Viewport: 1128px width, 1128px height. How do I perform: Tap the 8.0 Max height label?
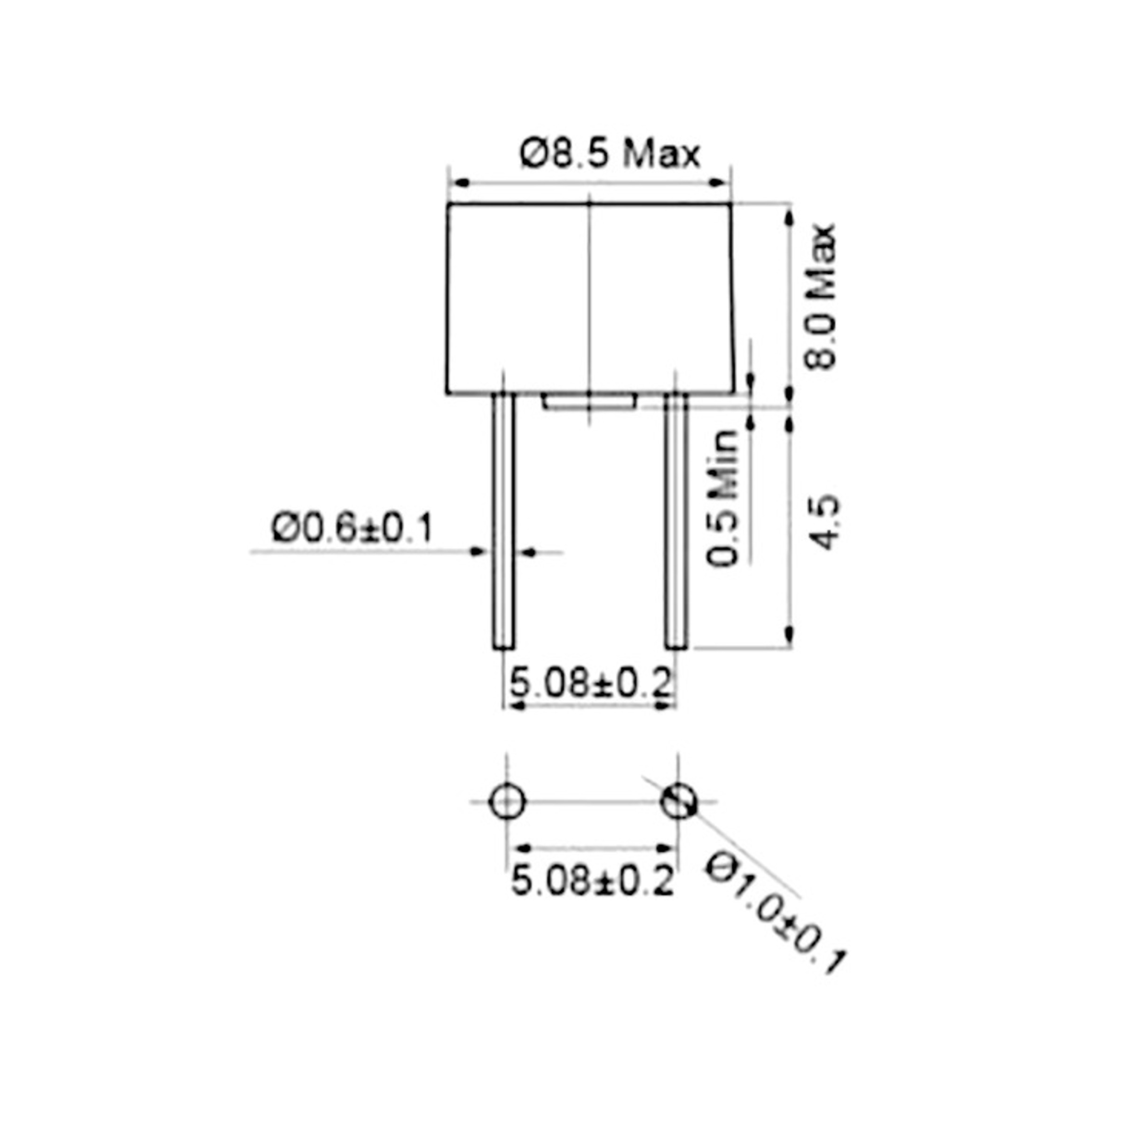[820, 297]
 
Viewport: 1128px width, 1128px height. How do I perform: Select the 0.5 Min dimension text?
[723, 499]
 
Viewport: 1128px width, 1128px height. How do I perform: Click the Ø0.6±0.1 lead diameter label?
[352, 528]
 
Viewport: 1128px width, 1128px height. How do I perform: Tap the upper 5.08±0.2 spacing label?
[591, 682]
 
